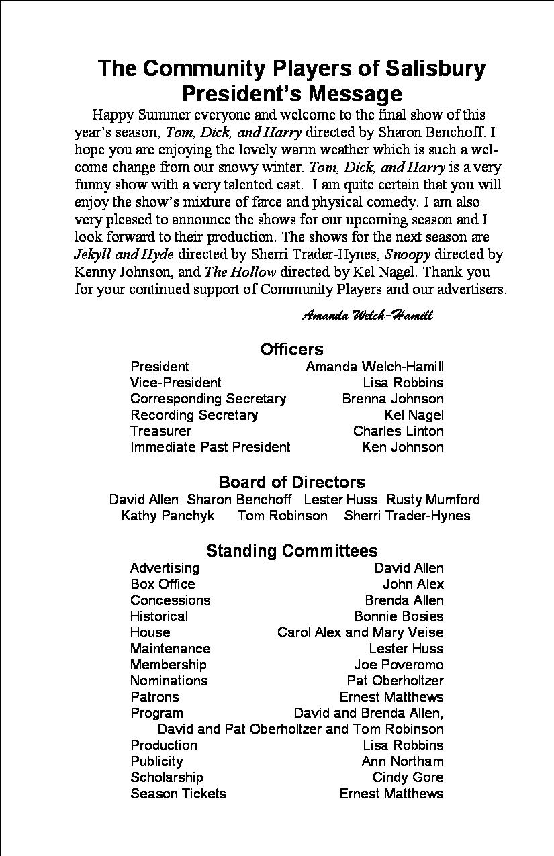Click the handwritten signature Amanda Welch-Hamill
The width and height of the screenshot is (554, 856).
tap(367, 315)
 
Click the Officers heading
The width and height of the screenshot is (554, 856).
tap(291, 349)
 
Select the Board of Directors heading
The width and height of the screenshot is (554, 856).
tap(291, 482)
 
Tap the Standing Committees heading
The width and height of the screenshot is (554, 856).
tap(291, 551)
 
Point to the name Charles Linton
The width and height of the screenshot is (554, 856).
tap(398, 431)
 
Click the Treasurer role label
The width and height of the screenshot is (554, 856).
tap(160, 431)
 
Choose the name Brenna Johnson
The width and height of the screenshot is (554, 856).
tap(393, 399)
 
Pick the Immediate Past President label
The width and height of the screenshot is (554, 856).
tap(210, 447)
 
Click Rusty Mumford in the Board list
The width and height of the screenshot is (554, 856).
tap(433, 500)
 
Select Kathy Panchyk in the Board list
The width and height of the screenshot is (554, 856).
tap(168, 516)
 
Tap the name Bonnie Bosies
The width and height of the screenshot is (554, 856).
tap(399, 616)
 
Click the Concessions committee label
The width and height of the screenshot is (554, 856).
tap(170, 600)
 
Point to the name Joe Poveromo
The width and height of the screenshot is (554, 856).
tap(399, 665)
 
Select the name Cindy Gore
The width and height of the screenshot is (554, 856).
tap(408, 777)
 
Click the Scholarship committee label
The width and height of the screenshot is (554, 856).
tap(167, 777)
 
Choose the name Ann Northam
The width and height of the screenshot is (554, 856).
tap(402, 761)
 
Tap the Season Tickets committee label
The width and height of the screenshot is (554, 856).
tap(178, 794)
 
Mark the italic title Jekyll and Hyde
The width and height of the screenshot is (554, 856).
tap(124, 254)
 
